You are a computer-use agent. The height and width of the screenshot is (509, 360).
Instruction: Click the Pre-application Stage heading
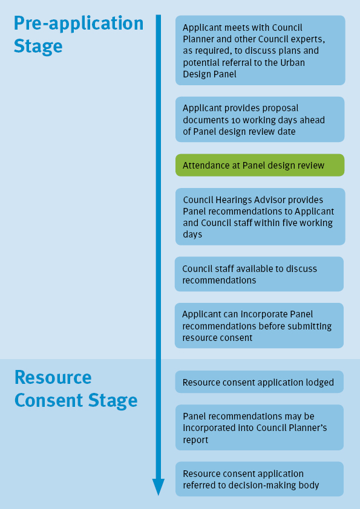coord(79,34)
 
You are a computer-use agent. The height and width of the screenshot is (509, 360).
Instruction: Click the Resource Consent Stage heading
coord(76,389)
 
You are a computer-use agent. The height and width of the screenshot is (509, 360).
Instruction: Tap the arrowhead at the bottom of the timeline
coord(159,487)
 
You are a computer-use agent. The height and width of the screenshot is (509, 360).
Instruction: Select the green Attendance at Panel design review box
coord(260,165)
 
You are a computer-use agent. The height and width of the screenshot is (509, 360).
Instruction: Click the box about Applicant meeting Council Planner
coord(260,50)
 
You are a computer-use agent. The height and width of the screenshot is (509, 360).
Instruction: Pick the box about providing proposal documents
coord(260,120)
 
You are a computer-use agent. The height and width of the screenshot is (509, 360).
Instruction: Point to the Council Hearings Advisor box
coord(260,216)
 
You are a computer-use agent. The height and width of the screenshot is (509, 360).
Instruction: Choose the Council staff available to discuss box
coord(260,274)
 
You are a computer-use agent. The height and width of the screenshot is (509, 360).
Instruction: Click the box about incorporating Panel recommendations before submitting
coord(260,326)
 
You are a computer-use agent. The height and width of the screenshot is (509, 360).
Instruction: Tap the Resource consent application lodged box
coord(260,382)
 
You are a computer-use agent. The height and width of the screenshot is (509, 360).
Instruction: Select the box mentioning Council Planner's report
coord(260,427)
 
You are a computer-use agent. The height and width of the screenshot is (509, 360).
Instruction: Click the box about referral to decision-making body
coord(260,479)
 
